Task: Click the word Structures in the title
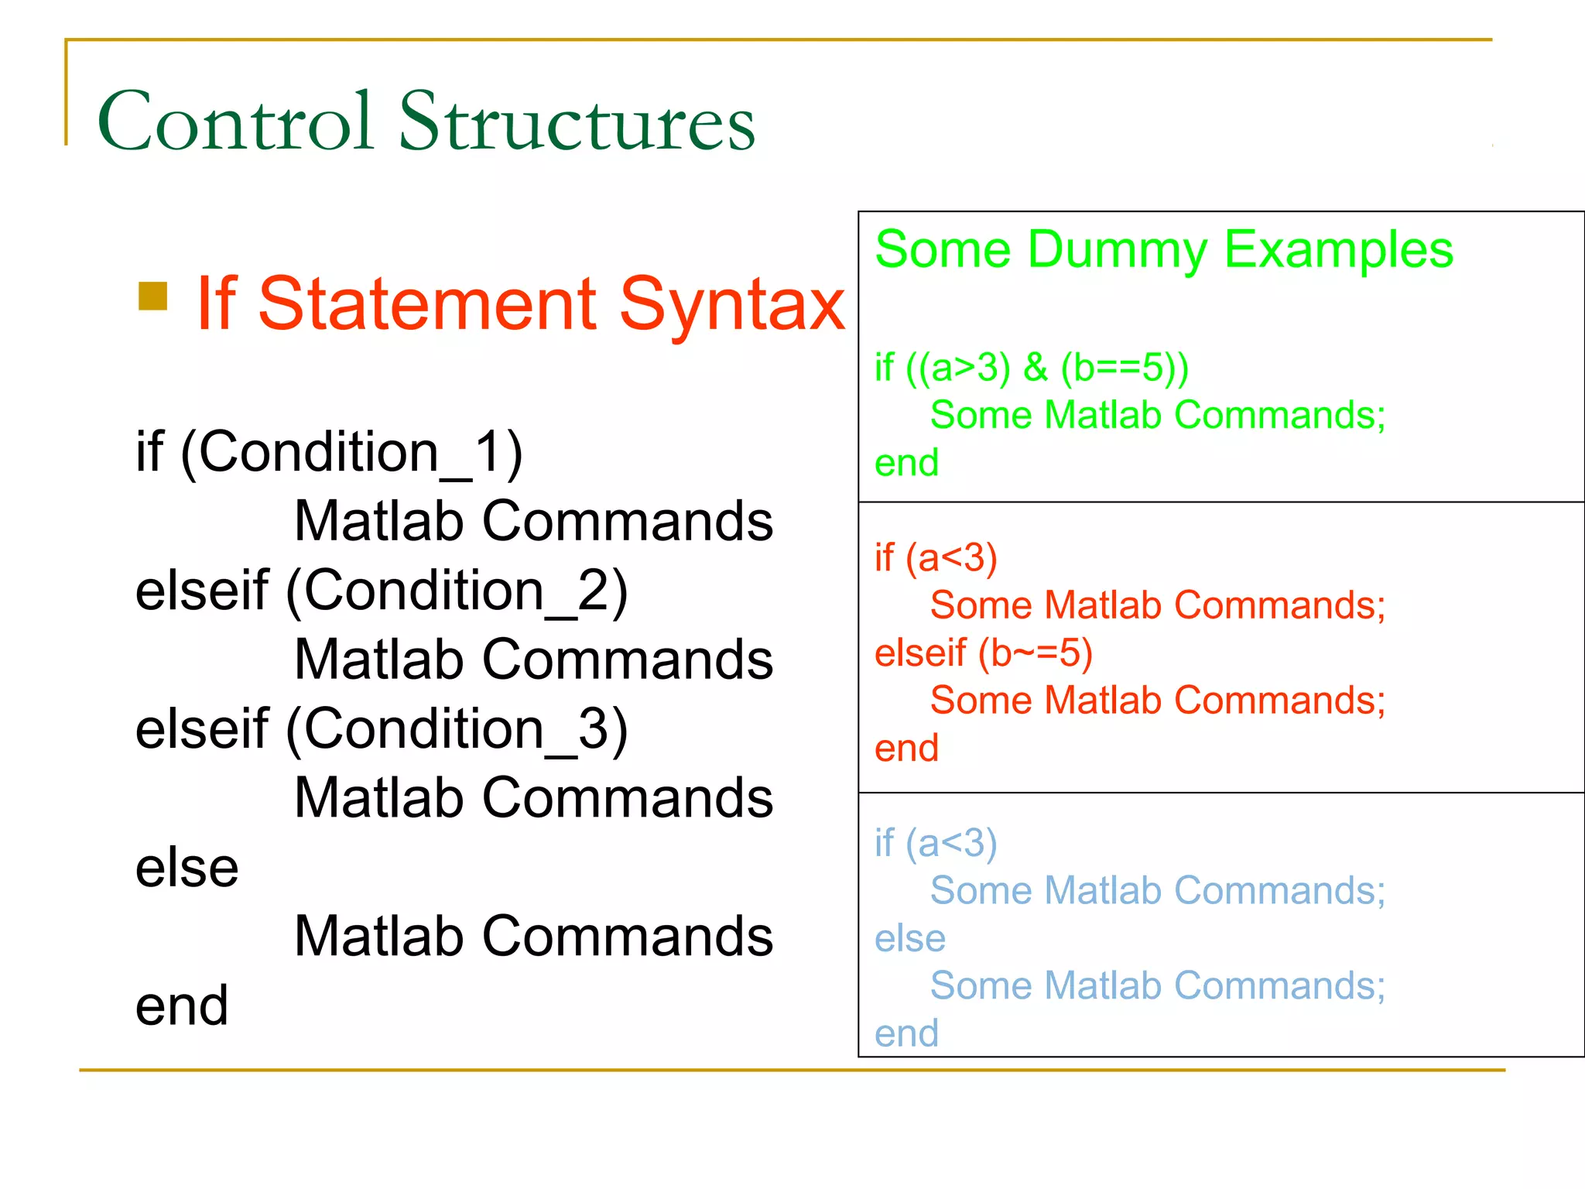pos(577,121)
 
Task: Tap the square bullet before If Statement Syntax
pos(152,296)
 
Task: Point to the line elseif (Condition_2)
pos(382,591)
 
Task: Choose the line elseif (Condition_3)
pos(382,729)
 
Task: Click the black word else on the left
pos(187,868)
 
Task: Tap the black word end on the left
pos(182,1006)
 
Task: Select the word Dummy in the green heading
pos(1117,250)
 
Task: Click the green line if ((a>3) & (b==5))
pos(1031,367)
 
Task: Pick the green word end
pos(906,463)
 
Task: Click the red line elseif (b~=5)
pos(983,653)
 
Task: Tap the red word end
pos(906,749)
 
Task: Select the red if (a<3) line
pos(936,558)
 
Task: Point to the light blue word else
pos(910,938)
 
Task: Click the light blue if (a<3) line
pos(936,843)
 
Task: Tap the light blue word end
pos(906,1033)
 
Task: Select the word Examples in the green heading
pos(1338,250)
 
